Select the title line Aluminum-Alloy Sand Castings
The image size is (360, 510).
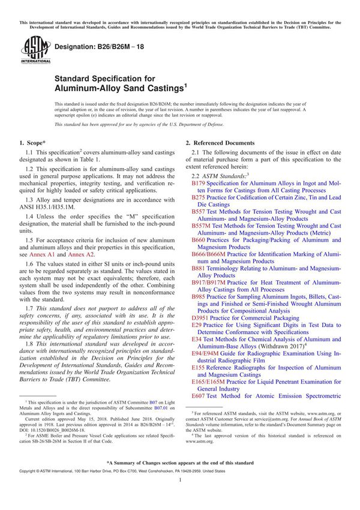click(119, 88)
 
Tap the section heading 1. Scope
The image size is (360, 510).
click(34, 143)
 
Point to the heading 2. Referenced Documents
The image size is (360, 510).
click(220, 143)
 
